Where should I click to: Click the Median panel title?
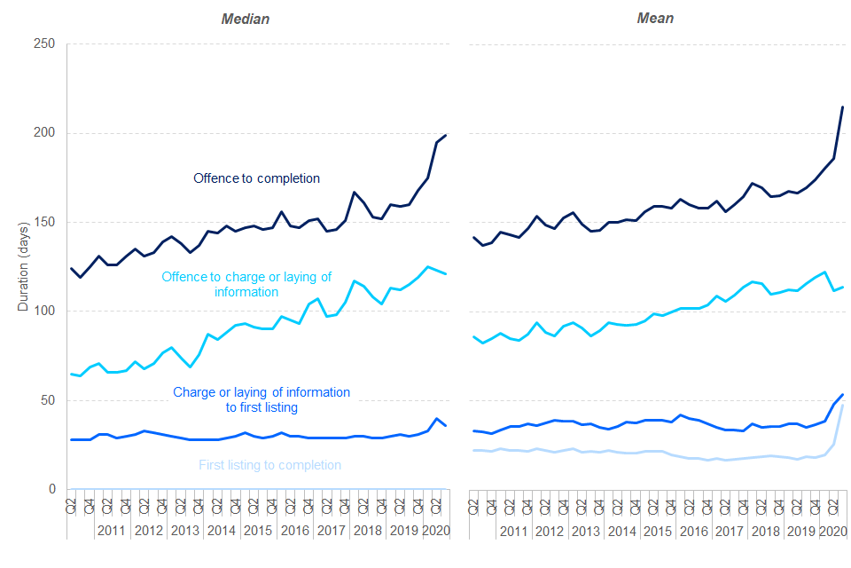click(x=246, y=19)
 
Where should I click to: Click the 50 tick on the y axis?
click(x=49, y=400)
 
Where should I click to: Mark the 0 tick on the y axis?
click(x=52, y=489)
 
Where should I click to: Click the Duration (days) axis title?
click(x=23, y=265)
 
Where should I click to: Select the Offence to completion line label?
click(x=256, y=178)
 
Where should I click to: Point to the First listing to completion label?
click(x=269, y=465)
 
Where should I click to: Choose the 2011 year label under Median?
click(x=112, y=531)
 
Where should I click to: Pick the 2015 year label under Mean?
click(x=658, y=531)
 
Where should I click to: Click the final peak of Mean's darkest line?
click(x=842, y=106)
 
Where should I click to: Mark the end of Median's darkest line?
click(x=445, y=135)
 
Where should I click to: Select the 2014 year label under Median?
click(x=221, y=531)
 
